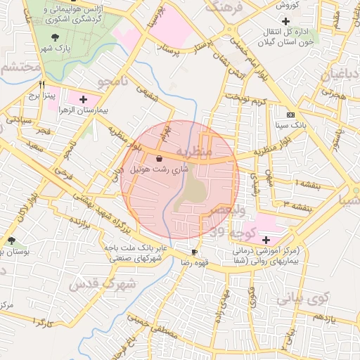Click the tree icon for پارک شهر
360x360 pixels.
56,37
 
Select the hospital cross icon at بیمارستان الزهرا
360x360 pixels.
84,99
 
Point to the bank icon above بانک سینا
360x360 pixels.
290,114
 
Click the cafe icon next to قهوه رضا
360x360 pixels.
195,252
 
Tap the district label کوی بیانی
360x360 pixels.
302,297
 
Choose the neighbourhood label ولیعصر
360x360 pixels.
231,210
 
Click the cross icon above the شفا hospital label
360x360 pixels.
265,240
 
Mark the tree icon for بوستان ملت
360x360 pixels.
11,241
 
